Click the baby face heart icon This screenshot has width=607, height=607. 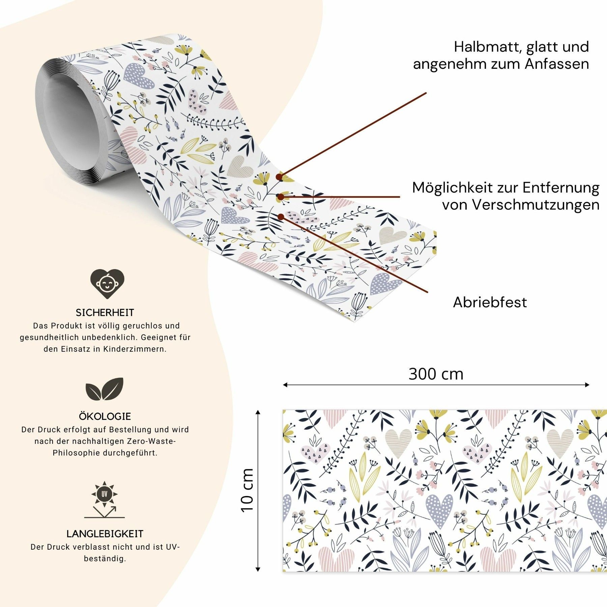pos(107,283)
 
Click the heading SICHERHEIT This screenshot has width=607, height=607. pos(105,313)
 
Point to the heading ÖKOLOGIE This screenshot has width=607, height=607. pos(105,416)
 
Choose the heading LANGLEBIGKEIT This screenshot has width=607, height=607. pos(105,534)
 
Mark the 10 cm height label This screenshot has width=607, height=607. pos(248,491)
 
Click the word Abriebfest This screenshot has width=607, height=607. pos(490,302)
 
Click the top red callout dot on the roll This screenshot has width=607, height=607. pos(279,177)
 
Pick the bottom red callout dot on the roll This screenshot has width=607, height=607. pos(281,217)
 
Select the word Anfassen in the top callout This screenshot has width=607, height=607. pos(557,64)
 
